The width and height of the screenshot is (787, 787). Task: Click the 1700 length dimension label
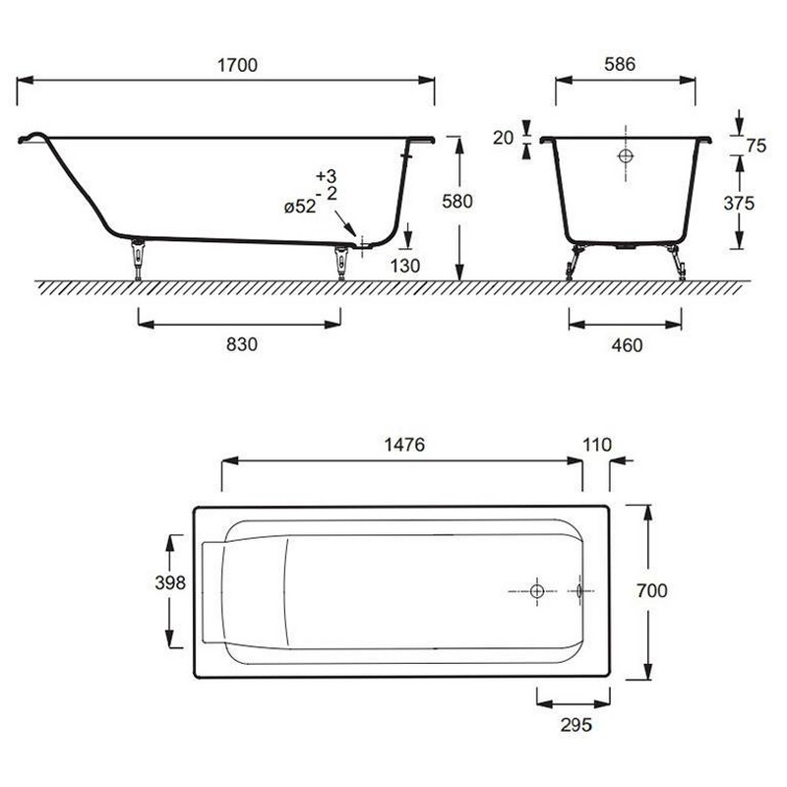pyautogui.click(x=237, y=65)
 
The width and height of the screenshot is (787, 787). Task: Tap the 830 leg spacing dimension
pyautogui.click(x=241, y=344)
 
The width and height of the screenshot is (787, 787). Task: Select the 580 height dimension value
pyautogui.click(x=457, y=202)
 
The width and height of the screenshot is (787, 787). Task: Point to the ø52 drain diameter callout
pyautogui.click(x=300, y=207)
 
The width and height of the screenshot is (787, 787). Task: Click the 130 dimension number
pyautogui.click(x=405, y=266)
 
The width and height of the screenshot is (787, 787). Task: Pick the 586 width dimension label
pyautogui.click(x=620, y=64)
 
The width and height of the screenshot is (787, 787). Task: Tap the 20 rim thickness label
pyautogui.click(x=503, y=138)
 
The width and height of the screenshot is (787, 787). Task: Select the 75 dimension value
pyautogui.click(x=756, y=146)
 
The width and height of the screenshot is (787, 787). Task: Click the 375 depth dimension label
pyautogui.click(x=739, y=204)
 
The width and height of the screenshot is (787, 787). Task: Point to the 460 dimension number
pyautogui.click(x=627, y=345)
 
